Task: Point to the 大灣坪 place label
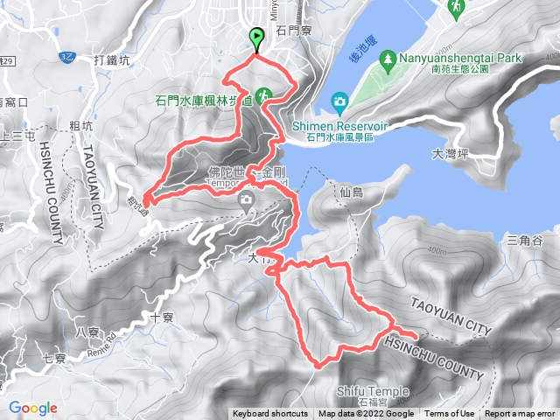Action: pos(451,154)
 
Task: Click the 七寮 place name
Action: pos(54,359)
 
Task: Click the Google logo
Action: pos(33,408)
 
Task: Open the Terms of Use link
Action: pos(451,414)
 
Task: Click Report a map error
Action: pos(521,414)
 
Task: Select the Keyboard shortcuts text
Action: pos(270,414)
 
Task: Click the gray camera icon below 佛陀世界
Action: pos(247,200)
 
